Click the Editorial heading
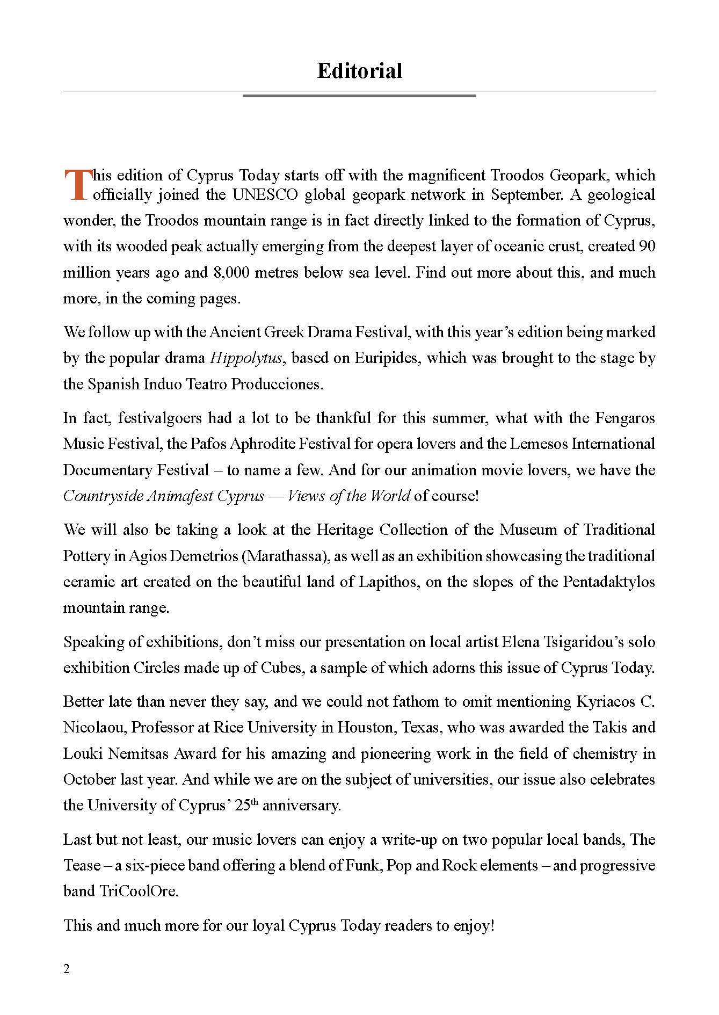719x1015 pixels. tap(359, 71)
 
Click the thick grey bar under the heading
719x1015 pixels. tap(359, 96)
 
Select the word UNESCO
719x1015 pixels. tap(265, 194)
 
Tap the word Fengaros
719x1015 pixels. tap(626, 418)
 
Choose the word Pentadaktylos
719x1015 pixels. tap(609, 582)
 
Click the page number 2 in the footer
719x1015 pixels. tap(67, 969)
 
